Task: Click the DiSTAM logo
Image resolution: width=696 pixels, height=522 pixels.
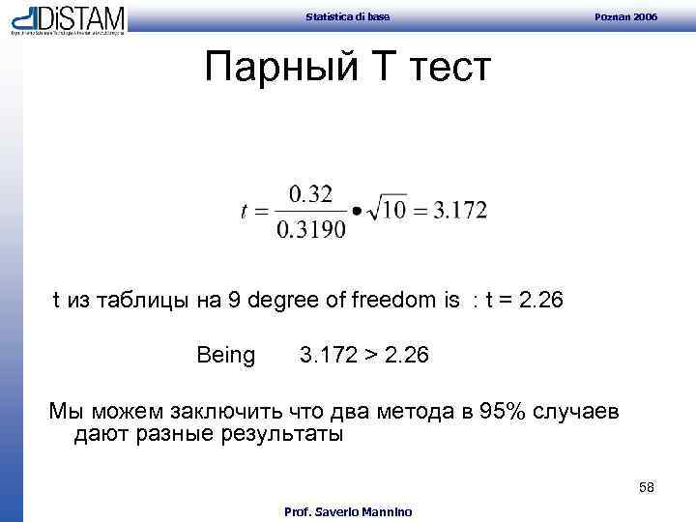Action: (68, 19)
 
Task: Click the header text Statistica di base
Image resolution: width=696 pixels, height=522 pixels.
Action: (347, 15)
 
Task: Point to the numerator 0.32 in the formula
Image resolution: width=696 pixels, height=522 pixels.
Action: (310, 193)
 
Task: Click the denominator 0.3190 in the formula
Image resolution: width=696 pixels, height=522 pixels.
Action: (310, 231)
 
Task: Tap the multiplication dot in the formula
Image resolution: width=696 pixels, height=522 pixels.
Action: (357, 212)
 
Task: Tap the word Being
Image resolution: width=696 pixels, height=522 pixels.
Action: (225, 356)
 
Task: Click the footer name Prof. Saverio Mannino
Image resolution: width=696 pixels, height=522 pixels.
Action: (347, 511)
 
